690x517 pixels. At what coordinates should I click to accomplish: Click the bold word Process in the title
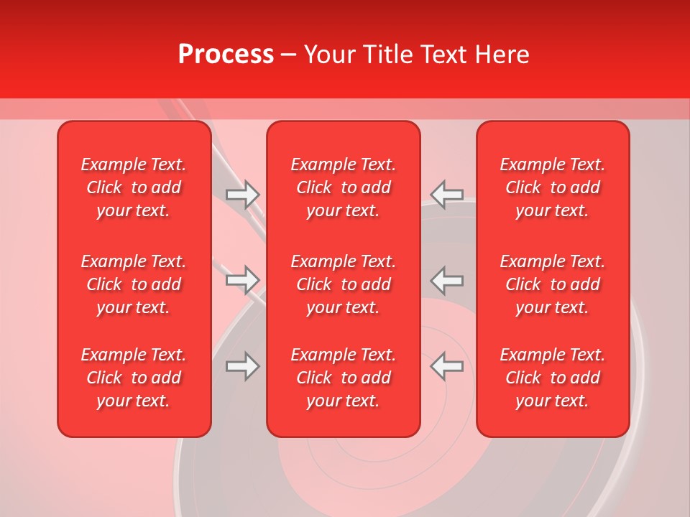(226, 55)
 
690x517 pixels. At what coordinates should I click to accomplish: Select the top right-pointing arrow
(242, 194)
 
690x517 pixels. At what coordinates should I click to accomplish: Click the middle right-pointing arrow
(242, 280)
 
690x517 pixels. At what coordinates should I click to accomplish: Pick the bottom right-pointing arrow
(242, 366)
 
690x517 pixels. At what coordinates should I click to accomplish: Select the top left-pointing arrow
(446, 194)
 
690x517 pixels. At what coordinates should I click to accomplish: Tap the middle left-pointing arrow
(446, 280)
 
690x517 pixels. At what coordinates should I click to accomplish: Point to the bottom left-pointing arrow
(446, 366)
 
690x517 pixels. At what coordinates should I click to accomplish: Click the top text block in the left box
(134, 187)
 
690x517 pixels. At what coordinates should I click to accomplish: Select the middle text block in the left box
(134, 284)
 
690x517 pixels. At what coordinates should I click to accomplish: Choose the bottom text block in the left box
(134, 378)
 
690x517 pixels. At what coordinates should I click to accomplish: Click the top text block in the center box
(344, 187)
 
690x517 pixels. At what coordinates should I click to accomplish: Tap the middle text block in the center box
(344, 284)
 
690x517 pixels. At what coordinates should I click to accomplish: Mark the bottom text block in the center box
(344, 378)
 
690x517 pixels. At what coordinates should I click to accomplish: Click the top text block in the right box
(553, 187)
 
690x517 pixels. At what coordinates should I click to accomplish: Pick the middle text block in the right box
(553, 284)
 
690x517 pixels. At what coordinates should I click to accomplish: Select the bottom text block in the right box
(553, 378)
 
